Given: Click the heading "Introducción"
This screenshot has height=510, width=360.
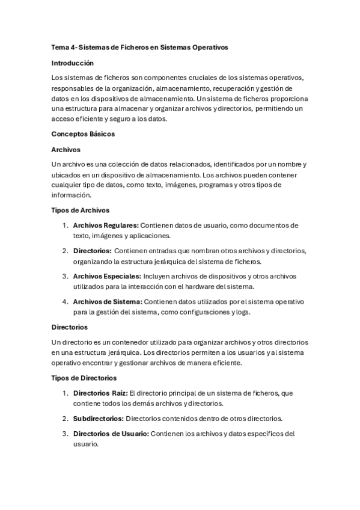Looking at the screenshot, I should click(x=73, y=63).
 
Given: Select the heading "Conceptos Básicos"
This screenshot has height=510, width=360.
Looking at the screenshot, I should click(x=83, y=134).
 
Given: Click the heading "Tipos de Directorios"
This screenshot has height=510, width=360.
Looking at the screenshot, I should click(x=84, y=378).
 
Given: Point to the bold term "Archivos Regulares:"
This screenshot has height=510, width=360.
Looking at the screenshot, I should click(x=106, y=225).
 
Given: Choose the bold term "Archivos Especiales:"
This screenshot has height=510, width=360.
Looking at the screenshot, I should click(x=106, y=276).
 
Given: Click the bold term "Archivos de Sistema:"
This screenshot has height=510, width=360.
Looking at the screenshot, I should click(x=108, y=301).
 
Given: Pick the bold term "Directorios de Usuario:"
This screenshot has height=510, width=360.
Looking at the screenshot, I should click(x=111, y=434).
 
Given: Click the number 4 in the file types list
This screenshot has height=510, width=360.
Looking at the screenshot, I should click(x=65, y=301).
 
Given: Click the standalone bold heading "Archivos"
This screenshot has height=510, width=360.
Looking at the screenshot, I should click(x=66, y=149).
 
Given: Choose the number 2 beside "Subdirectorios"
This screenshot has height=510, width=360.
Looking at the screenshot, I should click(x=65, y=419).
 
